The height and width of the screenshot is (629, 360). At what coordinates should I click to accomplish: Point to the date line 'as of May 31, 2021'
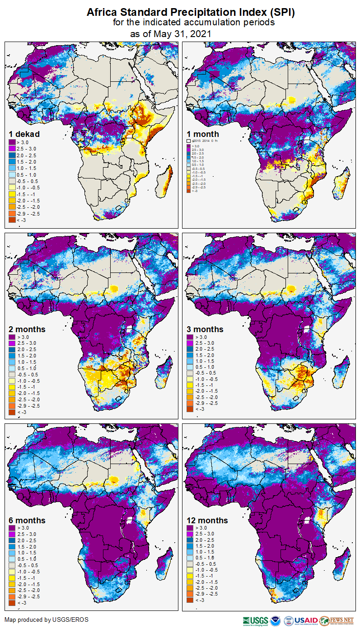171,34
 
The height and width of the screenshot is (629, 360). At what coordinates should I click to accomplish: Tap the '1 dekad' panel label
24,134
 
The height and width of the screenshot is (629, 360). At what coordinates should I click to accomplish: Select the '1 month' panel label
203,134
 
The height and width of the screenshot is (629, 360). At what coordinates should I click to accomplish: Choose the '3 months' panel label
205,329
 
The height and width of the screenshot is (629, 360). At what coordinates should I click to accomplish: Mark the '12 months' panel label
207,521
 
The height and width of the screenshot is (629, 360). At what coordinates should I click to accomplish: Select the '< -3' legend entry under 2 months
22,412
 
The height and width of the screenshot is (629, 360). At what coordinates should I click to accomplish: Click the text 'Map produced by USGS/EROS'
47,619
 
